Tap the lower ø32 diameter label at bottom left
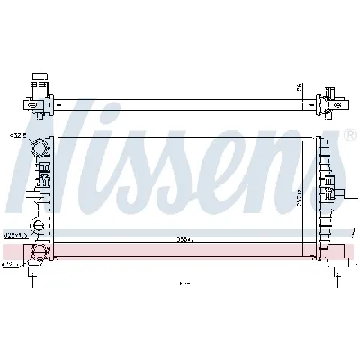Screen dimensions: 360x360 [8, 266]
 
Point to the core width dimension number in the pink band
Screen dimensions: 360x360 [184, 240]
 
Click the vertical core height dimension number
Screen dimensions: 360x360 [298, 194]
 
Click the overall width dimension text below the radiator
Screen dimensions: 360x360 [184, 285]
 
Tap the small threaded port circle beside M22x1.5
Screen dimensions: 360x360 [38, 225]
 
